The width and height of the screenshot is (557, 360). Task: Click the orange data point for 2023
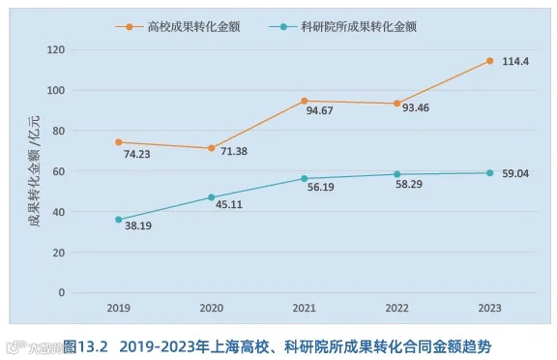coord(489,61)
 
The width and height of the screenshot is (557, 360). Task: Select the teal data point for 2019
coord(119,220)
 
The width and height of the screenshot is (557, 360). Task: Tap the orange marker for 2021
coord(304,101)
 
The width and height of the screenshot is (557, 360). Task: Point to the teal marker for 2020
coord(211,197)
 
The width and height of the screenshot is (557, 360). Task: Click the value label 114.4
coord(515,62)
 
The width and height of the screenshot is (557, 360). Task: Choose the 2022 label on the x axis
coord(396,308)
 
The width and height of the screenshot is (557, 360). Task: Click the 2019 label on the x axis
coord(119,308)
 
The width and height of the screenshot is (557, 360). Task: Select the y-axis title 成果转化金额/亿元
coord(36,172)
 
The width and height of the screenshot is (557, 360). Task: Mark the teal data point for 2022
coord(396,174)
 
